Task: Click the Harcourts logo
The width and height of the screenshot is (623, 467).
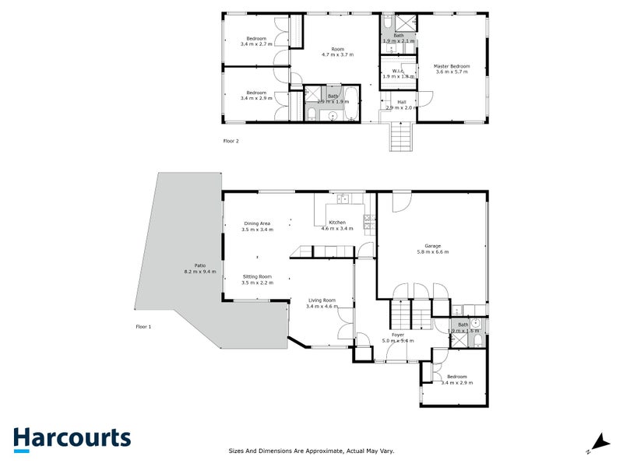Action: click(72, 438)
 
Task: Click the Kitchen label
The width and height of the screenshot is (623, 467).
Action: click(336, 223)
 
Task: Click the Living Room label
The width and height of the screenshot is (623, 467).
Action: click(322, 300)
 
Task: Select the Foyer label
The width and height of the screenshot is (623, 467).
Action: click(397, 335)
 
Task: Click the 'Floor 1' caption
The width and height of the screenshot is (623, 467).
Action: click(143, 327)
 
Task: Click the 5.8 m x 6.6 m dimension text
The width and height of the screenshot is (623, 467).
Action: click(432, 252)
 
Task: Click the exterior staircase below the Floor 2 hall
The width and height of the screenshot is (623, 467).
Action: click(400, 138)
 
